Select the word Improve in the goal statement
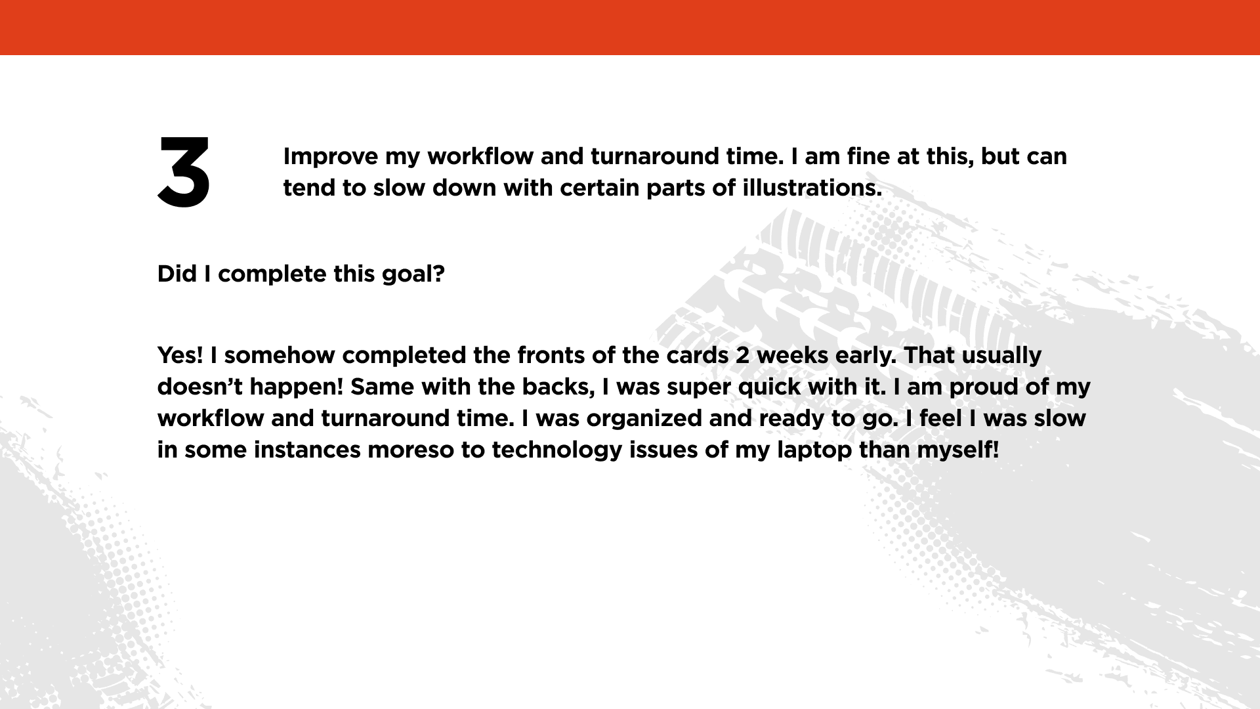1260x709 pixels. pos(331,158)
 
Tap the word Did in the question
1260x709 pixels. pos(177,274)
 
